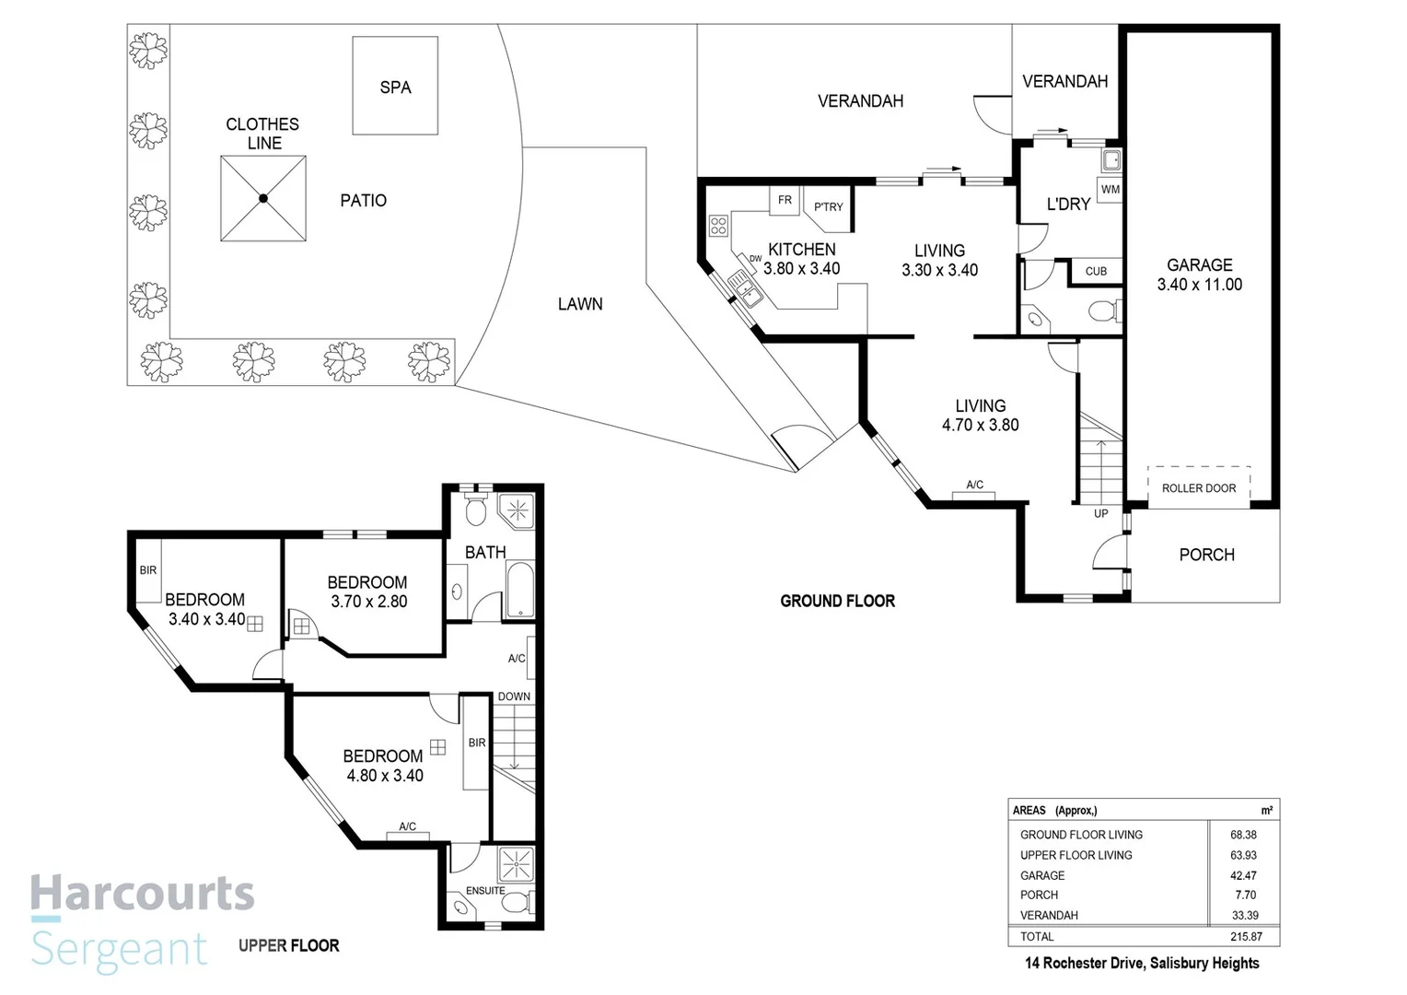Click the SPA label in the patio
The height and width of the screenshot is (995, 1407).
[x=395, y=88]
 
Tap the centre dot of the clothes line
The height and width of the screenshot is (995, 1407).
[x=263, y=199]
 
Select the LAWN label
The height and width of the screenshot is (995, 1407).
[x=580, y=304]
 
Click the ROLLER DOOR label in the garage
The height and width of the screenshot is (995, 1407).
[x=1199, y=488]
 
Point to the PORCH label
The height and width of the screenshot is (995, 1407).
[x=1206, y=555]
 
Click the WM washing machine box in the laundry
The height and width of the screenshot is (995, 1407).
[x=1110, y=189]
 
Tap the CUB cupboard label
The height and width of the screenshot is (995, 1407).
[x=1096, y=272]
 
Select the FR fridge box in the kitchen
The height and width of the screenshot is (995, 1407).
[x=785, y=201]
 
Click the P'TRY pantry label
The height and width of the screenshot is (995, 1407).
[x=828, y=206]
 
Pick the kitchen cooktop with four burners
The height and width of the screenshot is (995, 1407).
[x=718, y=226]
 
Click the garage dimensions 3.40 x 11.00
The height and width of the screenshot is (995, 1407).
[x=1199, y=285]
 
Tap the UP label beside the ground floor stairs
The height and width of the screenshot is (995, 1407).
[x=1100, y=513]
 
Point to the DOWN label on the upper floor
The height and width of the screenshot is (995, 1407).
[x=514, y=696]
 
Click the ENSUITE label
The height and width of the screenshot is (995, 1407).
[x=485, y=891]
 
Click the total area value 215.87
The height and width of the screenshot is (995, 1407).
[x=1246, y=937]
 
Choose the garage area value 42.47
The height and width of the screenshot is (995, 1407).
[x=1244, y=875]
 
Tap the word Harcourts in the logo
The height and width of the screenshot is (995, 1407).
[x=143, y=893]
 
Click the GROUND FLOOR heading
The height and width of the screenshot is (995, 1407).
[x=837, y=602]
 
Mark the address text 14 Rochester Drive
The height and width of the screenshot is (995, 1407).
[x=1083, y=964]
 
